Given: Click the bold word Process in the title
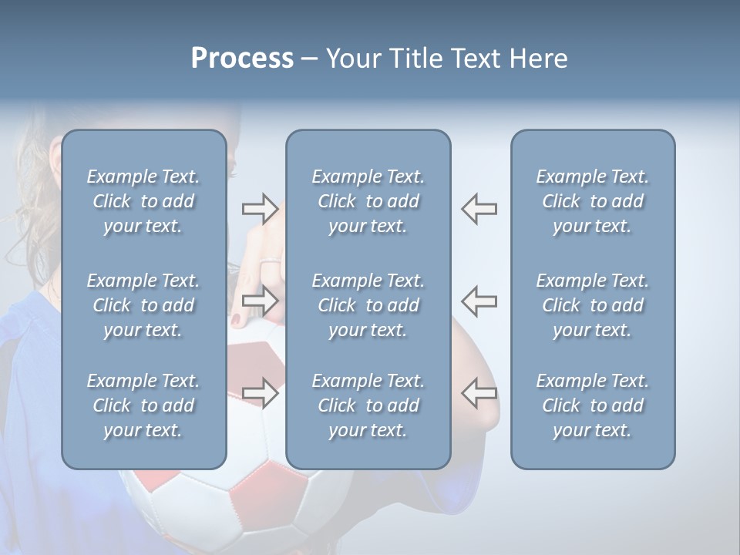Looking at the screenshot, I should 242,59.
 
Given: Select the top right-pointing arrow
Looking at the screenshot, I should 260,208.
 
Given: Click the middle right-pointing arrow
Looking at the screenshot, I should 260,301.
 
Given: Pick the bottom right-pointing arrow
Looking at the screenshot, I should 260,392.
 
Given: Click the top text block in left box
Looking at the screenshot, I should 143,201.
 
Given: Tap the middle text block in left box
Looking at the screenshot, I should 143,305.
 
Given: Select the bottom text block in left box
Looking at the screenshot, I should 143,405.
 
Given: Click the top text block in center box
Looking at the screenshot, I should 368,201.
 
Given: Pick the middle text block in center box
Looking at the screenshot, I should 368,305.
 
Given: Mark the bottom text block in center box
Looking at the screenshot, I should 368,405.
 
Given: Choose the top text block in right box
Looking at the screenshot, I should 592,201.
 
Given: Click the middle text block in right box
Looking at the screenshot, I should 592,305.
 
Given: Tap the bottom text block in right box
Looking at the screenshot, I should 592,405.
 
